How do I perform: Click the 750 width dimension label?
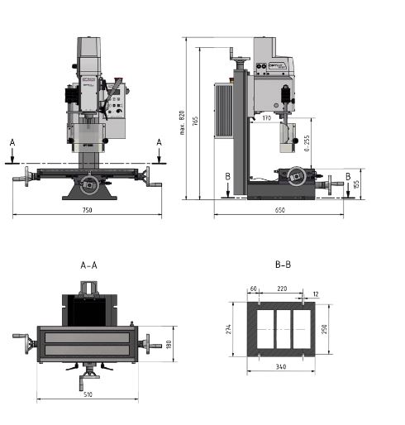click(87, 211)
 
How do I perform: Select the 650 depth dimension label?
click(279, 211)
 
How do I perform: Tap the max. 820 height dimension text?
click(182, 122)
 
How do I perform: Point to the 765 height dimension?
click(196, 122)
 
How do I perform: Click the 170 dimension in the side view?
click(266, 118)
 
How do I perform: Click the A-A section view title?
click(88, 265)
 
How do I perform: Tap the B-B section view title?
click(282, 265)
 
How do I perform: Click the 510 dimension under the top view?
click(88, 394)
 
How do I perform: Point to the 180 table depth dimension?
click(169, 345)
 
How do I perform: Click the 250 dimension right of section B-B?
click(326, 329)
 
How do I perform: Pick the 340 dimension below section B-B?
click(282, 366)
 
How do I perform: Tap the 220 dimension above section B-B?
click(282, 289)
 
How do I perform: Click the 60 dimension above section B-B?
click(253, 289)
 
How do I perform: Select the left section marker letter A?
click(12, 142)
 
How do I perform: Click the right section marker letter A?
click(160, 142)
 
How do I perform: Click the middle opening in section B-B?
click(282, 329)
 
